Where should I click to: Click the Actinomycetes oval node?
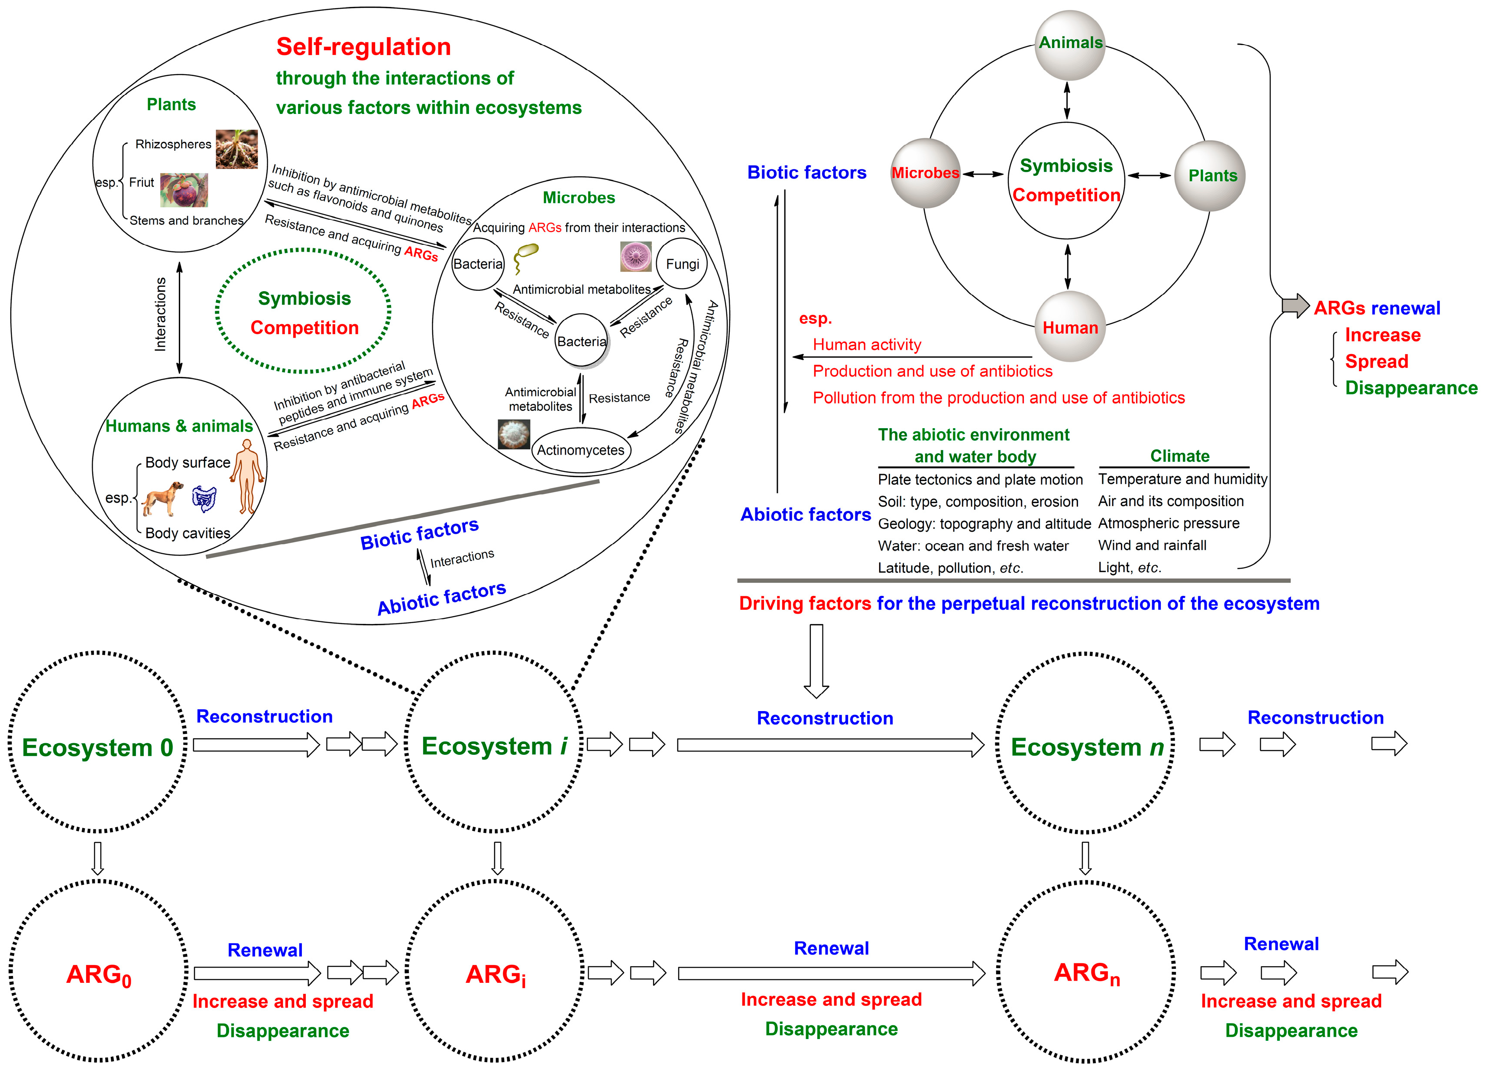click(581, 450)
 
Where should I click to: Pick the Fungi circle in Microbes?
click(682, 263)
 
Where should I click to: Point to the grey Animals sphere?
click(1070, 45)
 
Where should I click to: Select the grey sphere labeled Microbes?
click(925, 173)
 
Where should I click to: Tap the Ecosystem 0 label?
click(97, 747)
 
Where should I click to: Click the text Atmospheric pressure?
click(1169, 523)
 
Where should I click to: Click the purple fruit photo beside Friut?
click(184, 189)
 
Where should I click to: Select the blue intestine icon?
click(204, 499)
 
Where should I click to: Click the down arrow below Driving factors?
click(816, 661)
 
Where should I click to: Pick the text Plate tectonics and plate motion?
click(980, 480)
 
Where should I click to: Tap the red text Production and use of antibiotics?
click(932, 371)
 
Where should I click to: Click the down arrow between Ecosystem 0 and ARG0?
click(97, 858)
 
